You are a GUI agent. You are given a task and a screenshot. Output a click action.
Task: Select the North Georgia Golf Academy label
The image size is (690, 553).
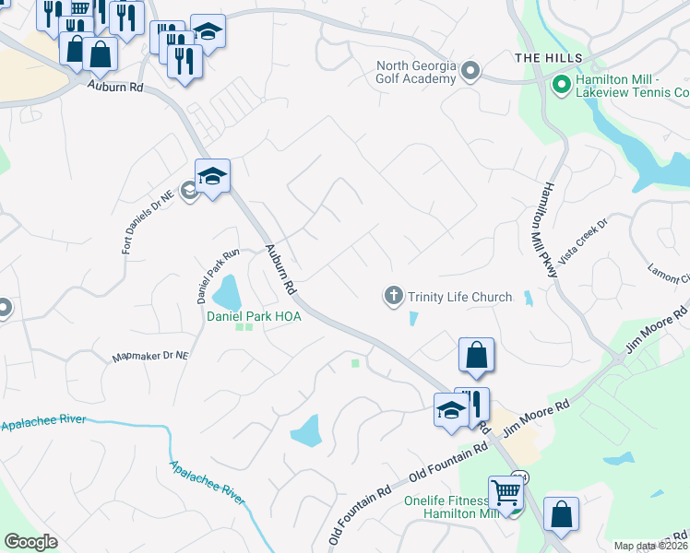point(416,72)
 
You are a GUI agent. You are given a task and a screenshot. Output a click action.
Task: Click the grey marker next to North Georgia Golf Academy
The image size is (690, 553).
point(471,71)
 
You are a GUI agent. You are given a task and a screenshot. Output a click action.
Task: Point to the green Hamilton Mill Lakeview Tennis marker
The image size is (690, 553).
point(560,87)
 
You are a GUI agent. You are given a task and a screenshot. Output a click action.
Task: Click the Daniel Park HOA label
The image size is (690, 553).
point(253,316)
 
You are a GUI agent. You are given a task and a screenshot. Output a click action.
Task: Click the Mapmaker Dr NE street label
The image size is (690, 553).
point(149,356)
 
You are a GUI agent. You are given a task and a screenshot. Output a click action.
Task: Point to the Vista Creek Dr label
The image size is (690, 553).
point(586,239)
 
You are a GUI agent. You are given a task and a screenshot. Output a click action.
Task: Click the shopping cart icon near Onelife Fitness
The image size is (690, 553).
point(506,493)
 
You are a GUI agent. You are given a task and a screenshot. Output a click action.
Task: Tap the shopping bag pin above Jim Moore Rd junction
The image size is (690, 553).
point(476,355)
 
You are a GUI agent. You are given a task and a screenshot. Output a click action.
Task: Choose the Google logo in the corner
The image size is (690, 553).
point(30,542)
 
